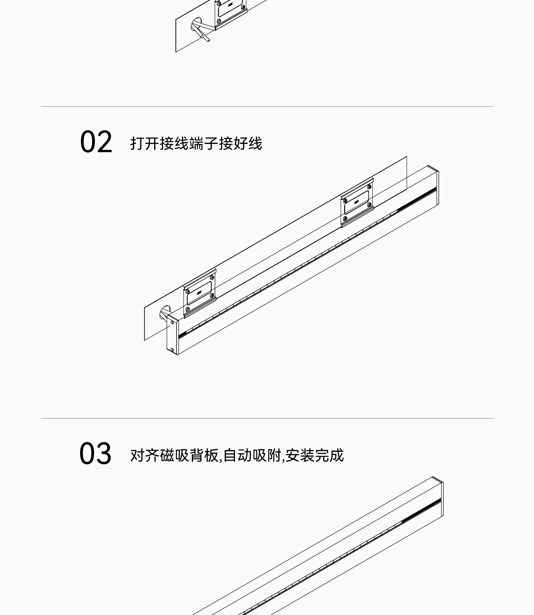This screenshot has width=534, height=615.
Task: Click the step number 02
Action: (x=96, y=142)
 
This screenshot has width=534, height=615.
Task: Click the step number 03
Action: (x=95, y=453)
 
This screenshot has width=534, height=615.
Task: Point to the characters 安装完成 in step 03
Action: (x=314, y=455)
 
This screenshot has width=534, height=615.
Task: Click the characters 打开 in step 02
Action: (x=145, y=143)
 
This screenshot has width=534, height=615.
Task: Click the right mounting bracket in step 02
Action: (x=357, y=202)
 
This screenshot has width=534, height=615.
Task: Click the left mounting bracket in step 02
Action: (x=200, y=293)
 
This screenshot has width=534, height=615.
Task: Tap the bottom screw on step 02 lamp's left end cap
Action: (x=172, y=350)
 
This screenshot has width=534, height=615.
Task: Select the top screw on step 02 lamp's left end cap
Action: (x=172, y=322)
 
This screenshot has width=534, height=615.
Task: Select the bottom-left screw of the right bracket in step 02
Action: (x=345, y=219)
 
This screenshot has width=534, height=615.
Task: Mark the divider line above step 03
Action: (x=267, y=418)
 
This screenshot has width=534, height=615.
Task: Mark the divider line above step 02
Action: (x=267, y=106)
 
